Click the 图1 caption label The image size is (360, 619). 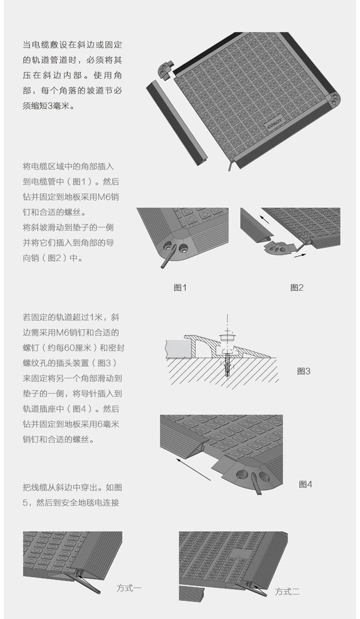(x=180, y=288)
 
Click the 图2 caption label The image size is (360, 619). (x=297, y=288)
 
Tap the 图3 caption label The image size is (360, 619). (x=303, y=371)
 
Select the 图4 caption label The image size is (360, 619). (x=305, y=484)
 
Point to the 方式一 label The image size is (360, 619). (x=129, y=588)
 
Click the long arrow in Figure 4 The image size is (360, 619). (x=193, y=470)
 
